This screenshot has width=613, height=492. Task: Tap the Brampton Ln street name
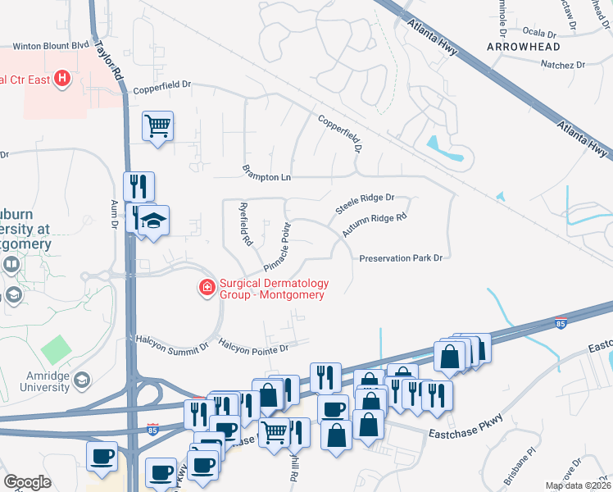point(267,175)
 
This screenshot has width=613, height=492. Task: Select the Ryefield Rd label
point(243,225)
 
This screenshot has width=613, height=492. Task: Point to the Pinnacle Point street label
point(278,247)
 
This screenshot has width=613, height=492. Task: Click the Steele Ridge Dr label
point(365,204)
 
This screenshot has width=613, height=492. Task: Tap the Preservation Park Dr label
point(401,257)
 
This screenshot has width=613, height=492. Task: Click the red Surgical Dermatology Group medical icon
point(207,287)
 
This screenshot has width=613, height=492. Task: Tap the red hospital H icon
point(62,80)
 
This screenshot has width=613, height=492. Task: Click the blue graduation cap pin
point(152,221)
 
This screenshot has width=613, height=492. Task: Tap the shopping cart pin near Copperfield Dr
point(157,126)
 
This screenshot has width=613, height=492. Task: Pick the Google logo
point(27,482)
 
